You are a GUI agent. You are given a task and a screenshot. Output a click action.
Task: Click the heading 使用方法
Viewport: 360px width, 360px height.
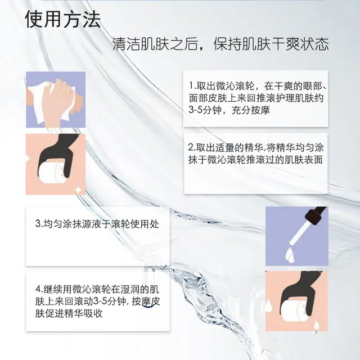pyautogui.click(x=62, y=19)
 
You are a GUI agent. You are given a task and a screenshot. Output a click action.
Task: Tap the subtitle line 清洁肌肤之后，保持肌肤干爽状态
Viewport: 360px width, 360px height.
pyautogui.click(x=220, y=44)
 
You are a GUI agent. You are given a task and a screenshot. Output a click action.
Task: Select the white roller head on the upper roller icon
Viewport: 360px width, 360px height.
pyautogui.click(x=52, y=173)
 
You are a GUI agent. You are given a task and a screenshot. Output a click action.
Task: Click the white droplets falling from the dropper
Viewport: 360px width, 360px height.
pyautogui.click(x=290, y=255)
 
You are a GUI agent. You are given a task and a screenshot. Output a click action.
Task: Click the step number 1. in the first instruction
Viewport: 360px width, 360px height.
pyautogui.click(x=192, y=86)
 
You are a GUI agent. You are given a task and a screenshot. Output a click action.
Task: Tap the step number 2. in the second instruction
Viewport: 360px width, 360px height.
pyautogui.click(x=192, y=147)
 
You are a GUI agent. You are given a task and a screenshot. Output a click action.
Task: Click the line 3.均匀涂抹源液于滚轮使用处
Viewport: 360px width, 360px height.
pyautogui.click(x=97, y=224)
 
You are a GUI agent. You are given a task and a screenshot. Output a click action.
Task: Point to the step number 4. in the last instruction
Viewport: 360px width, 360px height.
pyautogui.click(x=39, y=289)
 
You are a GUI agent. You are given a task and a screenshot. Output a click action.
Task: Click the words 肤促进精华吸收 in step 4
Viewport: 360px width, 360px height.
pyautogui.click(x=69, y=313)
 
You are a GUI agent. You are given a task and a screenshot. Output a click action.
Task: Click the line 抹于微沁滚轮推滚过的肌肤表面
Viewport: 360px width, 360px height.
pyautogui.click(x=255, y=160)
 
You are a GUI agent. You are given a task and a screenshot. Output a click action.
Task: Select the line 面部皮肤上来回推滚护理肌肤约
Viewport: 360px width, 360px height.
pyautogui.click(x=256, y=98)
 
